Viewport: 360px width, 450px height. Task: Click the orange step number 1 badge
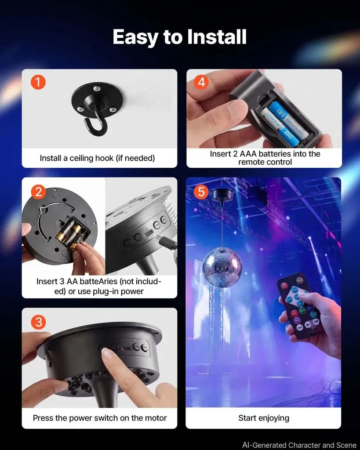pos(38,82)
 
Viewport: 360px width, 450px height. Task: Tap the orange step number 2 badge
pos(39,191)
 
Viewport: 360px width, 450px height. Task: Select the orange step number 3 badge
pos(38,322)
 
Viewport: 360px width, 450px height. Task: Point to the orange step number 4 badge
pos(201,82)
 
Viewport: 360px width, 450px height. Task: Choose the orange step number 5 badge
pos(201,192)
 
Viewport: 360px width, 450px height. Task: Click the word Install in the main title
pos(217,37)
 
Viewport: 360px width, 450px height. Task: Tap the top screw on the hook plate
pos(97,88)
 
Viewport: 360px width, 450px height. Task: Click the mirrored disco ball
pos(222,265)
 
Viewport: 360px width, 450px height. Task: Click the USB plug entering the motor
pos(167,242)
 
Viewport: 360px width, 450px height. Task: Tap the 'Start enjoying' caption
pos(264,418)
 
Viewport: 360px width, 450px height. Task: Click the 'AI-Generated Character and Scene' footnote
pos(299,445)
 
